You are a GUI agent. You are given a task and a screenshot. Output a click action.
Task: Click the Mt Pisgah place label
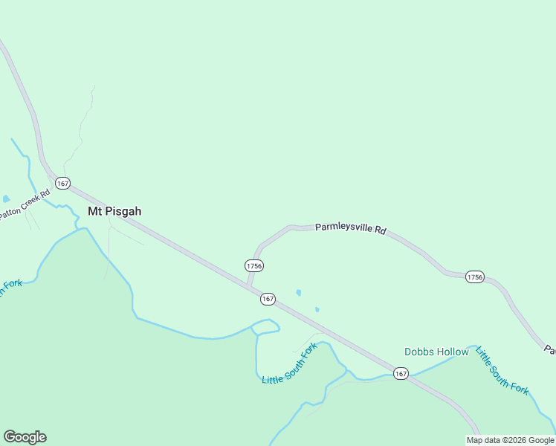[114, 211]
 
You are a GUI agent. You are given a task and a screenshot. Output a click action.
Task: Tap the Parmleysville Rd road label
[351, 229]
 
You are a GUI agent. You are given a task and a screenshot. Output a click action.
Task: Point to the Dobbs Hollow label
[436, 352]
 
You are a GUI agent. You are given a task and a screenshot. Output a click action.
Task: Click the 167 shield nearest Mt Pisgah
[62, 183]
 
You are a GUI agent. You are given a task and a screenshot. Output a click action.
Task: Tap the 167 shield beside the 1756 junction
[268, 299]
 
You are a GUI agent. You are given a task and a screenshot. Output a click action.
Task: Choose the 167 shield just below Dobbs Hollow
[401, 373]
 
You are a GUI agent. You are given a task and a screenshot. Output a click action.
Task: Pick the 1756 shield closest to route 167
[253, 265]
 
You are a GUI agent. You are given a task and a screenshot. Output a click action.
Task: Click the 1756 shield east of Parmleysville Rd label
[475, 277]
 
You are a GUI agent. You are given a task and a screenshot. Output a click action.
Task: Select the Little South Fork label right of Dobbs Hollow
[503, 371]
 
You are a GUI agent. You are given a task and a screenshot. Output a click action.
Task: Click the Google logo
[25, 437]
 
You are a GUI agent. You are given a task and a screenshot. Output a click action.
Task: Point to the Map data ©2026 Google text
[510, 440]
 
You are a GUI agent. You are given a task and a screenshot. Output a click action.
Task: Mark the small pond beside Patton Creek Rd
[6, 199]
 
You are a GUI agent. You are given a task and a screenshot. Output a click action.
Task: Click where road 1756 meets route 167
[248, 286]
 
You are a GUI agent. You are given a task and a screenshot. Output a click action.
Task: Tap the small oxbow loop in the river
[265, 326]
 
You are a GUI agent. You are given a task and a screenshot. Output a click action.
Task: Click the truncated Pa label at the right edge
[549, 349]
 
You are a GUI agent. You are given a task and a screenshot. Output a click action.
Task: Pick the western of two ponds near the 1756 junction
[299, 293]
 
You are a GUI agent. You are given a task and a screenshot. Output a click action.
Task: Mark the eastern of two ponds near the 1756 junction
[317, 309]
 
